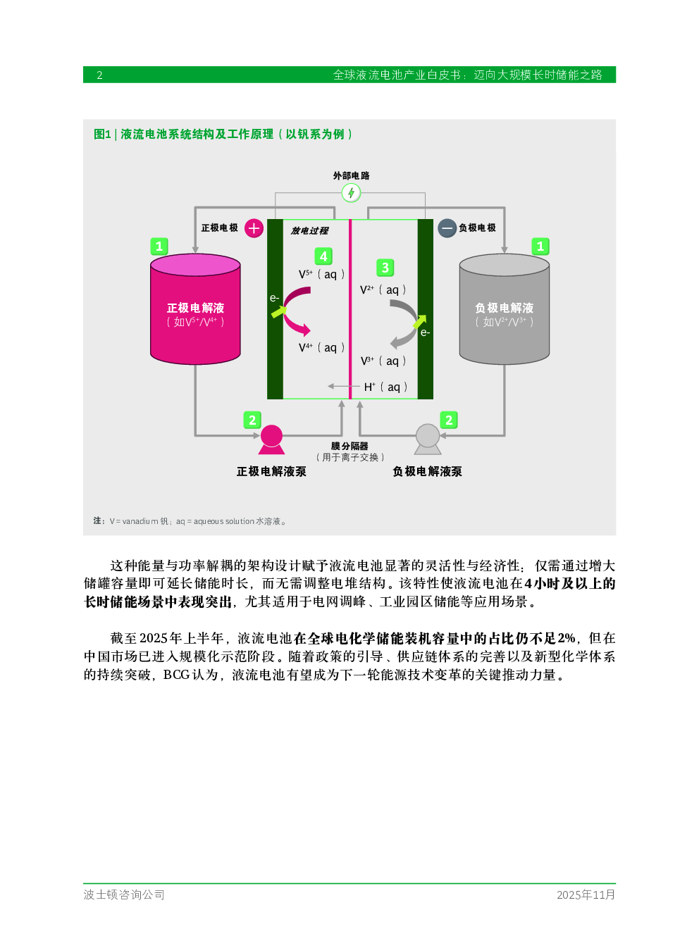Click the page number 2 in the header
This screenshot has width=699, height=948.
click(x=99, y=75)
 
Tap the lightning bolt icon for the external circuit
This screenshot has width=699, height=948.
click(x=351, y=193)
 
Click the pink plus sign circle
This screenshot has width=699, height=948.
click(x=254, y=228)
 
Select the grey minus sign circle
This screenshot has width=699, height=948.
click(x=447, y=228)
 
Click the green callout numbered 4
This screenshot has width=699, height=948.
click(x=323, y=256)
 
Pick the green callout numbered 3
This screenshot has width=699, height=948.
click(x=385, y=268)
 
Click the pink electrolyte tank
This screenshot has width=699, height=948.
click(x=195, y=309)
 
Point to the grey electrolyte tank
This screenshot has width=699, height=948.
click(x=505, y=309)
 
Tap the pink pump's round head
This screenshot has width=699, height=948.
click(x=271, y=436)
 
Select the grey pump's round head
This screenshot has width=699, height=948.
click(x=428, y=435)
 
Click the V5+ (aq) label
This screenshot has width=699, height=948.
click(x=322, y=274)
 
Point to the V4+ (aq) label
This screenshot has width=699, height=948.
click(x=322, y=347)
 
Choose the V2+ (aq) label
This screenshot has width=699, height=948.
click(x=383, y=290)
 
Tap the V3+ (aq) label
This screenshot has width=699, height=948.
click(x=383, y=361)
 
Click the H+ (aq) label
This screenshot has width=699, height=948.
click(x=385, y=387)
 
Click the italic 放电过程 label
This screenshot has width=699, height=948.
click(x=309, y=230)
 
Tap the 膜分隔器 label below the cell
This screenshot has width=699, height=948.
click(x=349, y=446)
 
